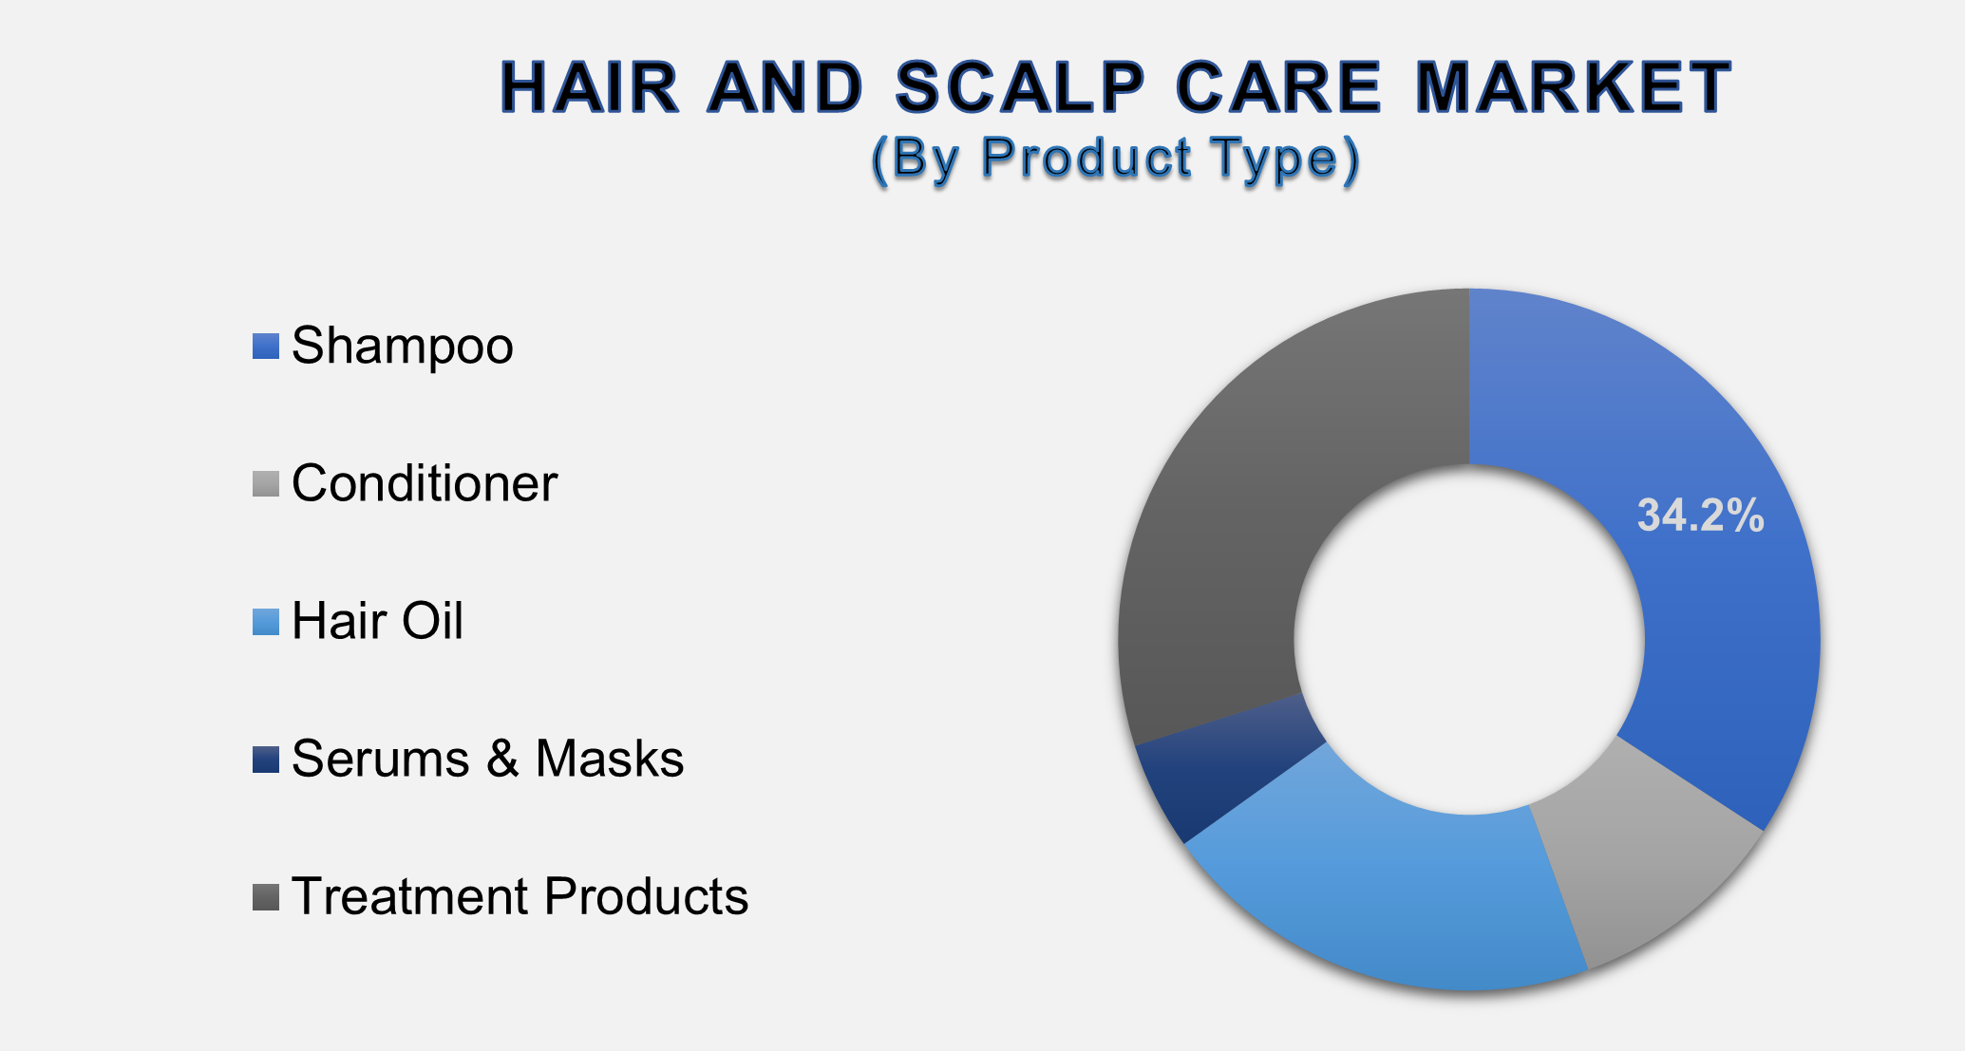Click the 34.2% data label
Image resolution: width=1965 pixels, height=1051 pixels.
[x=1700, y=516]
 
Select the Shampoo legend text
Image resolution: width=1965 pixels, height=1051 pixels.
[x=402, y=346]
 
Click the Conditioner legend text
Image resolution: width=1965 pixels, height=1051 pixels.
[x=424, y=483]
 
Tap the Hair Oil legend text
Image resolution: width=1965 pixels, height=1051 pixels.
[x=377, y=621]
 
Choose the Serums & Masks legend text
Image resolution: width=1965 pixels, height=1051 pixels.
[x=487, y=759]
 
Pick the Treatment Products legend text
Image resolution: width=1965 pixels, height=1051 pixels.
[x=520, y=896]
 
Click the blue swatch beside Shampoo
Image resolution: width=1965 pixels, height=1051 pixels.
[x=266, y=347]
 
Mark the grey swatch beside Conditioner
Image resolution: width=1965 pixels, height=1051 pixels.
[x=266, y=484]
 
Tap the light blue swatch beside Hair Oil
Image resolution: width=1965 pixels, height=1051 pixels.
[x=266, y=622]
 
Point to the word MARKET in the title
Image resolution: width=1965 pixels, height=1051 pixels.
[x=1573, y=87]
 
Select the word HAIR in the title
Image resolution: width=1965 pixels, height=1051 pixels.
[x=590, y=87]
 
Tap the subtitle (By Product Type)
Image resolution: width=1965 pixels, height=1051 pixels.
[x=1116, y=158]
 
